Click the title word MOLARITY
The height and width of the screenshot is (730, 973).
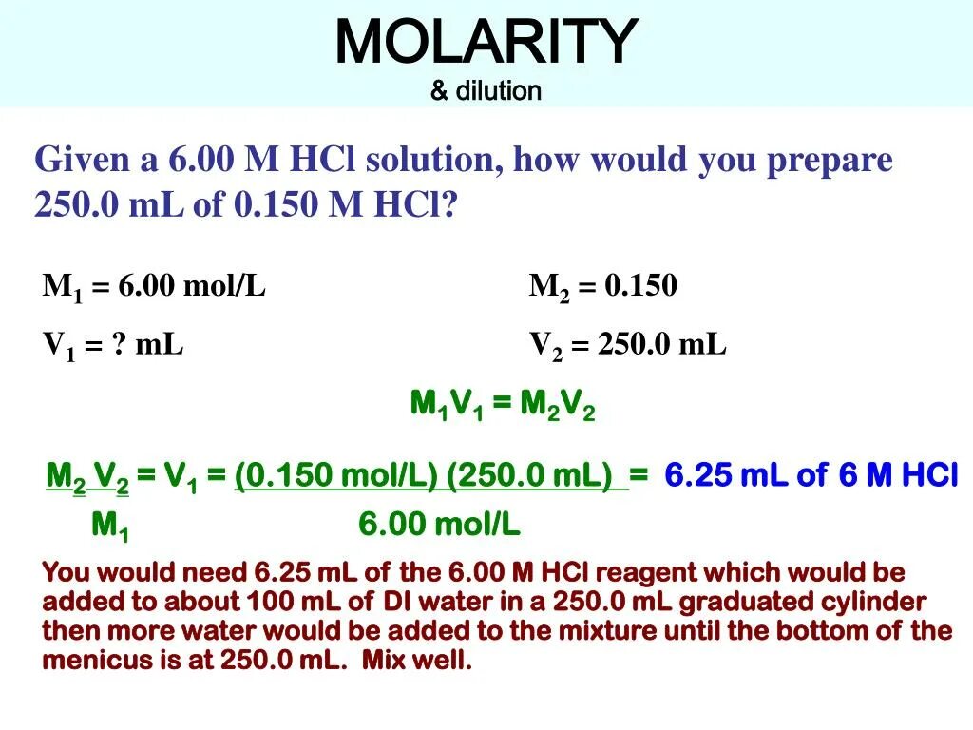[486, 43]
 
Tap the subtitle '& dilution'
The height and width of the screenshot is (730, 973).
[486, 91]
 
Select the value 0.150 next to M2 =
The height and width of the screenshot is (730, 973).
[640, 286]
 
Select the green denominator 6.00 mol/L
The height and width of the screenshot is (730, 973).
[439, 525]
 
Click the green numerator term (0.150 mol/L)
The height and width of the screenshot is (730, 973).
[335, 474]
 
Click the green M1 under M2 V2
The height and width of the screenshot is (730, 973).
[110, 525]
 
